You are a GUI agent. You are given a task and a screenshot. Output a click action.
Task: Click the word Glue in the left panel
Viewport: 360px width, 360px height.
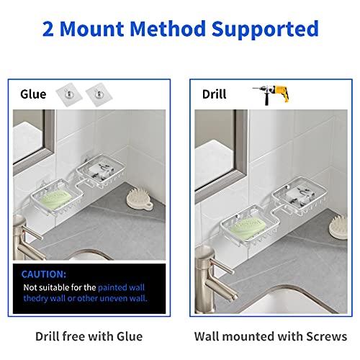pyautogui.click(x=33, y=94)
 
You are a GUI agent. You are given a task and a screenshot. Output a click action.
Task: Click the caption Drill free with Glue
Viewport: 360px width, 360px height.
pyautogui.click(x=89, y=336)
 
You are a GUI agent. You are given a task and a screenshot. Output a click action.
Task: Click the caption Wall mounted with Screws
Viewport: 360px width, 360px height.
pyautogui.click(x=270, y=336)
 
